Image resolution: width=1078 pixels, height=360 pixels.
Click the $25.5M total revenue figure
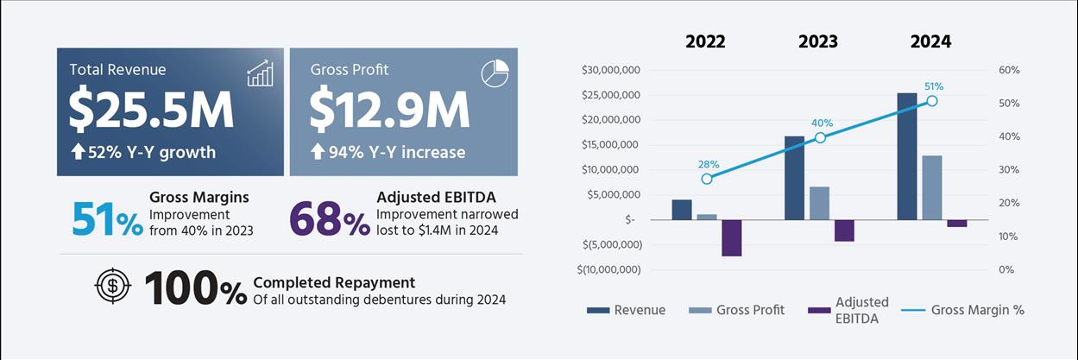(151, 108)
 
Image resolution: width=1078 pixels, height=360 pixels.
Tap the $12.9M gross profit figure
(390, 108)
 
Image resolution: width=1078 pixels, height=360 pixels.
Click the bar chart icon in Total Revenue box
(260, 73)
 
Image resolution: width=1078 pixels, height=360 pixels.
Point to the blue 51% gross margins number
(107, 220)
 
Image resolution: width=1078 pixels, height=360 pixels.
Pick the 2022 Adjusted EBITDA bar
(732, 237)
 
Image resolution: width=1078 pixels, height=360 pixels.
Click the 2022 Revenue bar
(682, 210)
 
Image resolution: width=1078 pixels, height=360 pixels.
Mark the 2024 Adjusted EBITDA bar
(957, 223)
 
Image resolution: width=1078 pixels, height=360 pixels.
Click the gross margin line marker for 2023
(820, 138)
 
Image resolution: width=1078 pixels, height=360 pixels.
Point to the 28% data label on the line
(709, 164)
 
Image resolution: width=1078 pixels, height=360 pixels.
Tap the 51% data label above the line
(933, 86)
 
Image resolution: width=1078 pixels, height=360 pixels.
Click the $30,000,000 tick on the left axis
(610, 70)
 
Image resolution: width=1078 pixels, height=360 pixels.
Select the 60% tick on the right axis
(1009, 70)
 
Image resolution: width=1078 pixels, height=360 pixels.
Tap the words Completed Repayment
(334, 282)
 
